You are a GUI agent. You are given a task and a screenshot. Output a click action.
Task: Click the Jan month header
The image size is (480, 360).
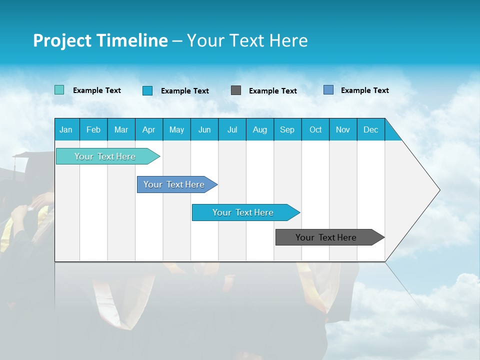pyautogui.click(x=66, y=129)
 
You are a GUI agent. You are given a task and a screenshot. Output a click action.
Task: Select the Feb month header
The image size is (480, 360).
pyautogui.click(x=93, y=129)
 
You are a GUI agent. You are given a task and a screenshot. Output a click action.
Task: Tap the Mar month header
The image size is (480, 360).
pyautogui.click(x=121, y=129)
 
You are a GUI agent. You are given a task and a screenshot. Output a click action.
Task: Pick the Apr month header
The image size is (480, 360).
pyautogui.click(x=149, y=129)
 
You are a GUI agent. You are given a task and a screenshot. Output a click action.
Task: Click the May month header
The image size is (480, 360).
pyautogui.click(x=176, y=129)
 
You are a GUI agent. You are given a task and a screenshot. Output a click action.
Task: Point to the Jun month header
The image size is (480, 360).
pyautogui.click(x=204, y=129)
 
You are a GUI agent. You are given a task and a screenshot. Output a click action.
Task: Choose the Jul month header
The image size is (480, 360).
pyautogui.click(x=232, y=129)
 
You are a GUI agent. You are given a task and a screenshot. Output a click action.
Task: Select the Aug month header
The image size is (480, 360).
pyautogui.click(x=260, y=129)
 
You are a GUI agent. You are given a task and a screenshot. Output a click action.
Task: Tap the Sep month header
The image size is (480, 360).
pyautogui.click(x=287, y=129)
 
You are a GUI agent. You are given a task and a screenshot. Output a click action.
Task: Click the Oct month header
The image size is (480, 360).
pyautogui.click(x=315, y=129)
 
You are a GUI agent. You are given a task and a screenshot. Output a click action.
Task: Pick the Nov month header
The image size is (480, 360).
pyautogui.click(x=343, y=129)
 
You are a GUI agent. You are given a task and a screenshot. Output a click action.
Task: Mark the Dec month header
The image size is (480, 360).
pyautogui.click(x=371, y=129)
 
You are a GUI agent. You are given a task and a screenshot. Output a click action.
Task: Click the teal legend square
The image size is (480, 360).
pyautogui.click(x=59, y=90)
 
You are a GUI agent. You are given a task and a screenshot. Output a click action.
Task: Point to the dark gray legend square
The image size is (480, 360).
pyautogui.click(x=236, y=90)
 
